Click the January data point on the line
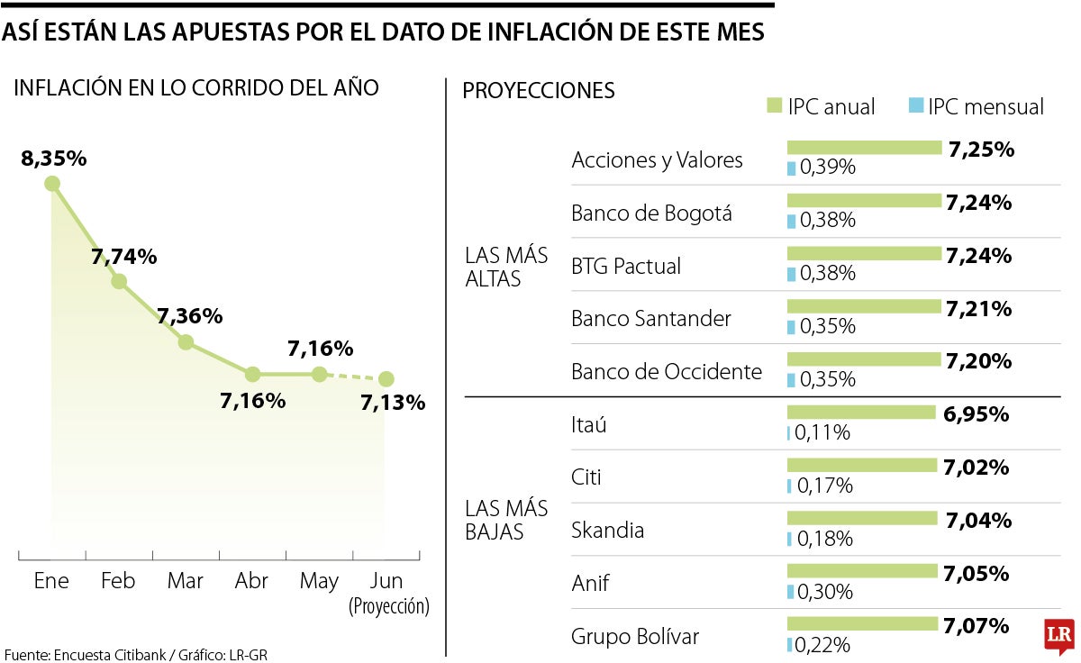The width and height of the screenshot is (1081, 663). click(x=52, y=184)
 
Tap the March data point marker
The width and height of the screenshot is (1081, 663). click(x=186, y=342)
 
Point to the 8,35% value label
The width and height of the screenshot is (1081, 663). click(x=54, y=159)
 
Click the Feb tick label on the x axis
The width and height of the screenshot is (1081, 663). click(x=118, y=581)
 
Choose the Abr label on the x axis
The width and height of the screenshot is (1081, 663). click(x=251, y=581)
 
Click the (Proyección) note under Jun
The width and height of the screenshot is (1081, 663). click(x=388, y=606)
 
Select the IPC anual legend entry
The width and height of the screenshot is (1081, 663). click(x=820, y=106)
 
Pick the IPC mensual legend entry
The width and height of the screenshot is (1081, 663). click(x=976, y=106)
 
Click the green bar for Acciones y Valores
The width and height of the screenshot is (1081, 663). click(x=864, y=148)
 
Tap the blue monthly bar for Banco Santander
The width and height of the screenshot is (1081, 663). click(x=791, y=326)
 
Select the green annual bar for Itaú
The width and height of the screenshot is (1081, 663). click(x=861, y=413)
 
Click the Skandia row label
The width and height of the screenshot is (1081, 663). click(x=607, y=530)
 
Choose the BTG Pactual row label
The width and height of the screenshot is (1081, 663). click(x=626, y=266)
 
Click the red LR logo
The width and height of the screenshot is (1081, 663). click(x=1058, y=636)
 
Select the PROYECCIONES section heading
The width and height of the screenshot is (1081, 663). click(x=539, y=90)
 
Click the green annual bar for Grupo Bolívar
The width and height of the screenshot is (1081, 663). click(x=862, y=623)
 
